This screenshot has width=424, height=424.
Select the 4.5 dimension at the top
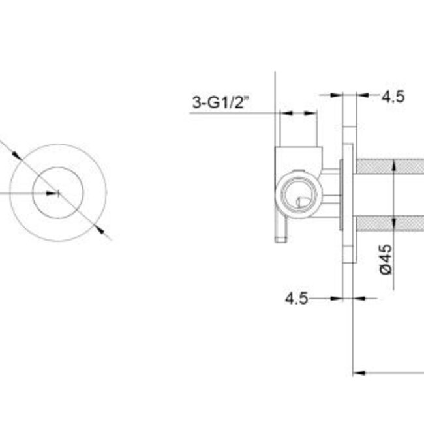point(393,97)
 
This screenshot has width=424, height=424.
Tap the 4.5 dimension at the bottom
point(295,298)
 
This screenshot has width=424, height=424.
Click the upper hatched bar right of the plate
point(389,167)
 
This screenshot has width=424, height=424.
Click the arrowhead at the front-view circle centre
point(55,192)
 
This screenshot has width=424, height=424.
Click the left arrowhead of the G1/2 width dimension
point(283,113)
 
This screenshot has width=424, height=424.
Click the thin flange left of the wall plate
point(342,196)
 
